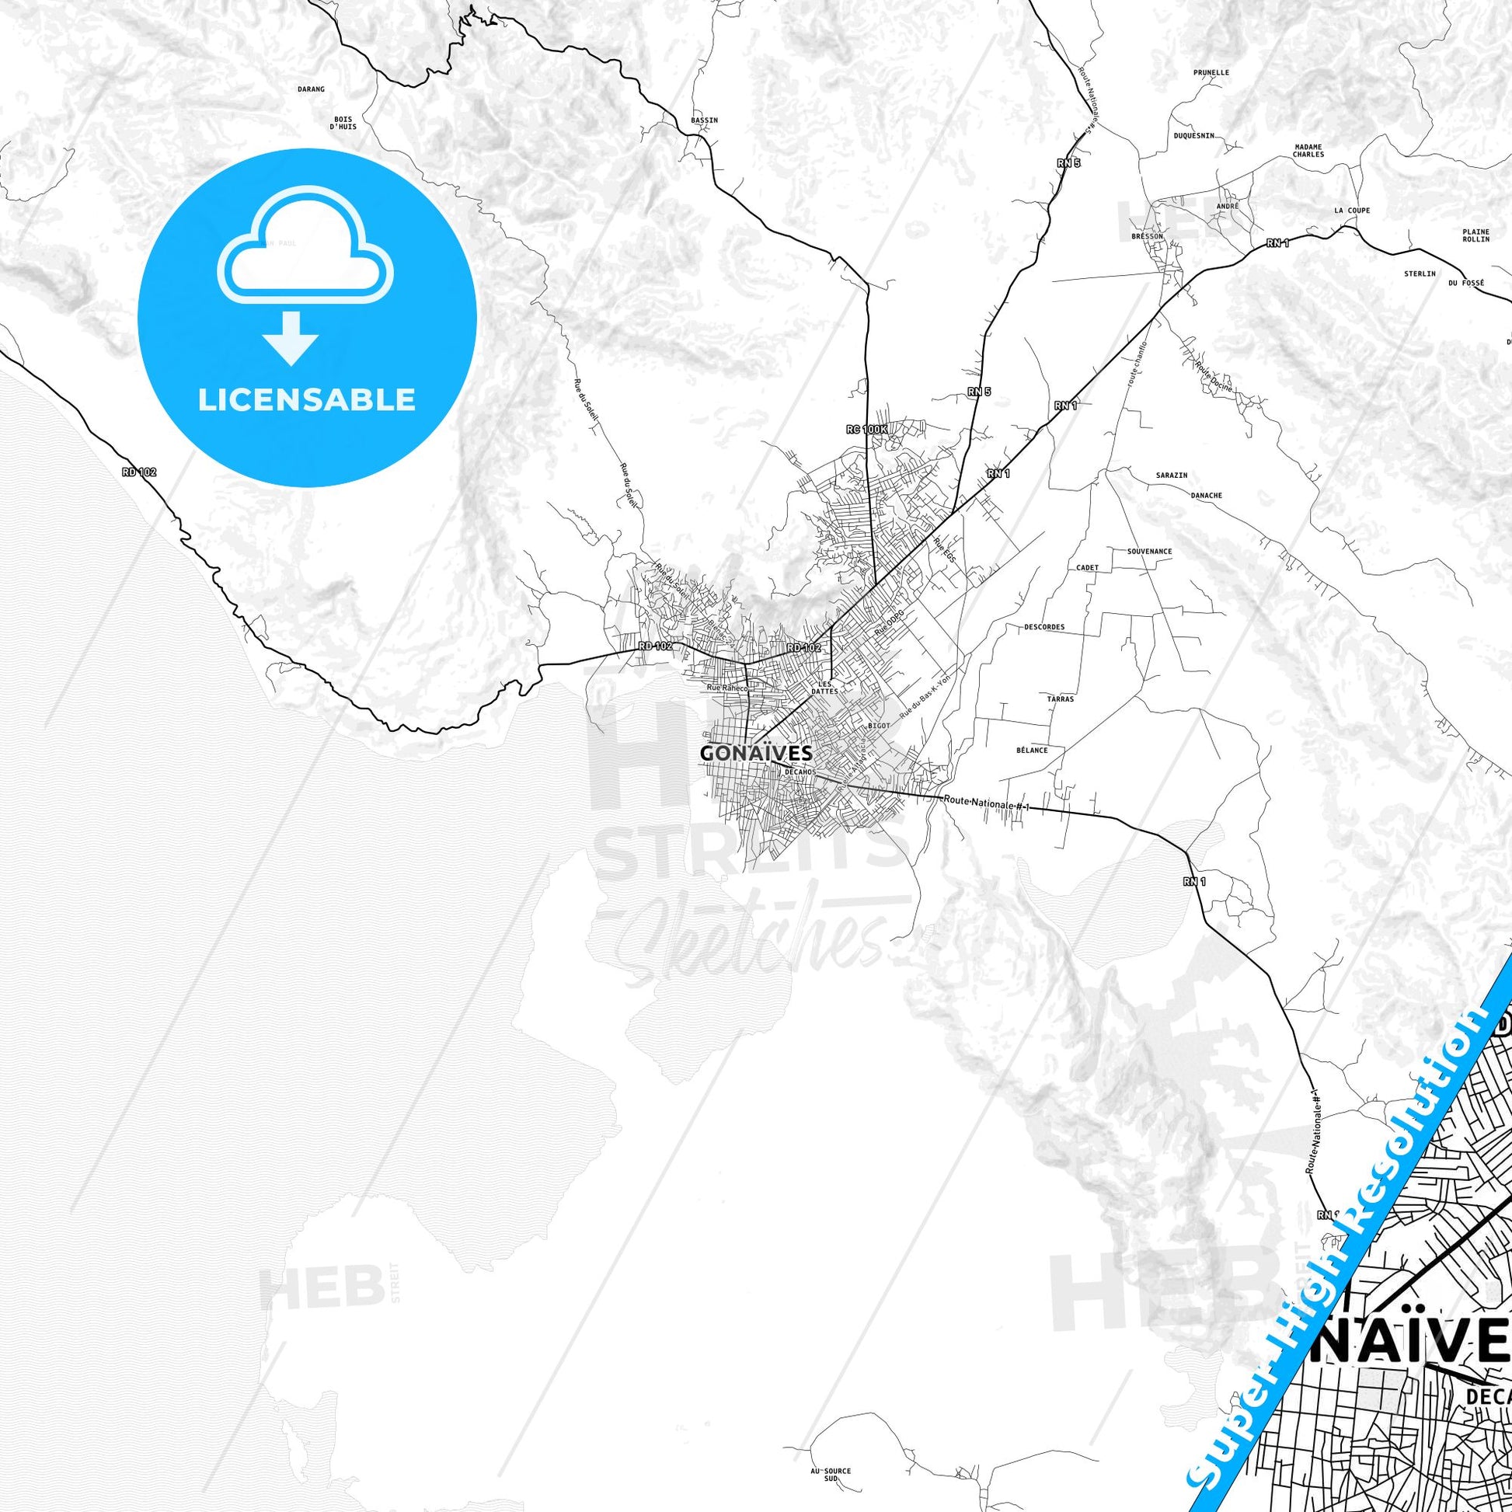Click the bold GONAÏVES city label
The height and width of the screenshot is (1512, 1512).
[745, 753]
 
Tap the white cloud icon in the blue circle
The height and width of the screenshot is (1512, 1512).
[306, 249]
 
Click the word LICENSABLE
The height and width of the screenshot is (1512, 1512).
[306, 399]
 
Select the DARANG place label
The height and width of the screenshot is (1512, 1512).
[311, 89]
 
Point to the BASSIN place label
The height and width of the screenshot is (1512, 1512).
[705, 120]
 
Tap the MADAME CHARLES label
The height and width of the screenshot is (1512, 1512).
[1308, 150]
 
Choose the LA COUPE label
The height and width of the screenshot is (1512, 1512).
[1353, 211]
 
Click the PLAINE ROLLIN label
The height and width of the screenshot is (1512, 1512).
[1476, 235]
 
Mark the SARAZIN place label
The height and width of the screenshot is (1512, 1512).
[1172, 475]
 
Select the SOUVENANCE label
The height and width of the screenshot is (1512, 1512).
[1150, 551]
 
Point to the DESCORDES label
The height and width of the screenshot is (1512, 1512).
[1044, 627]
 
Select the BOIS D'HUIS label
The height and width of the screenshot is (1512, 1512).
[343, 123]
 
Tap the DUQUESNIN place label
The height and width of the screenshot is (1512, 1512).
[1193, 135]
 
